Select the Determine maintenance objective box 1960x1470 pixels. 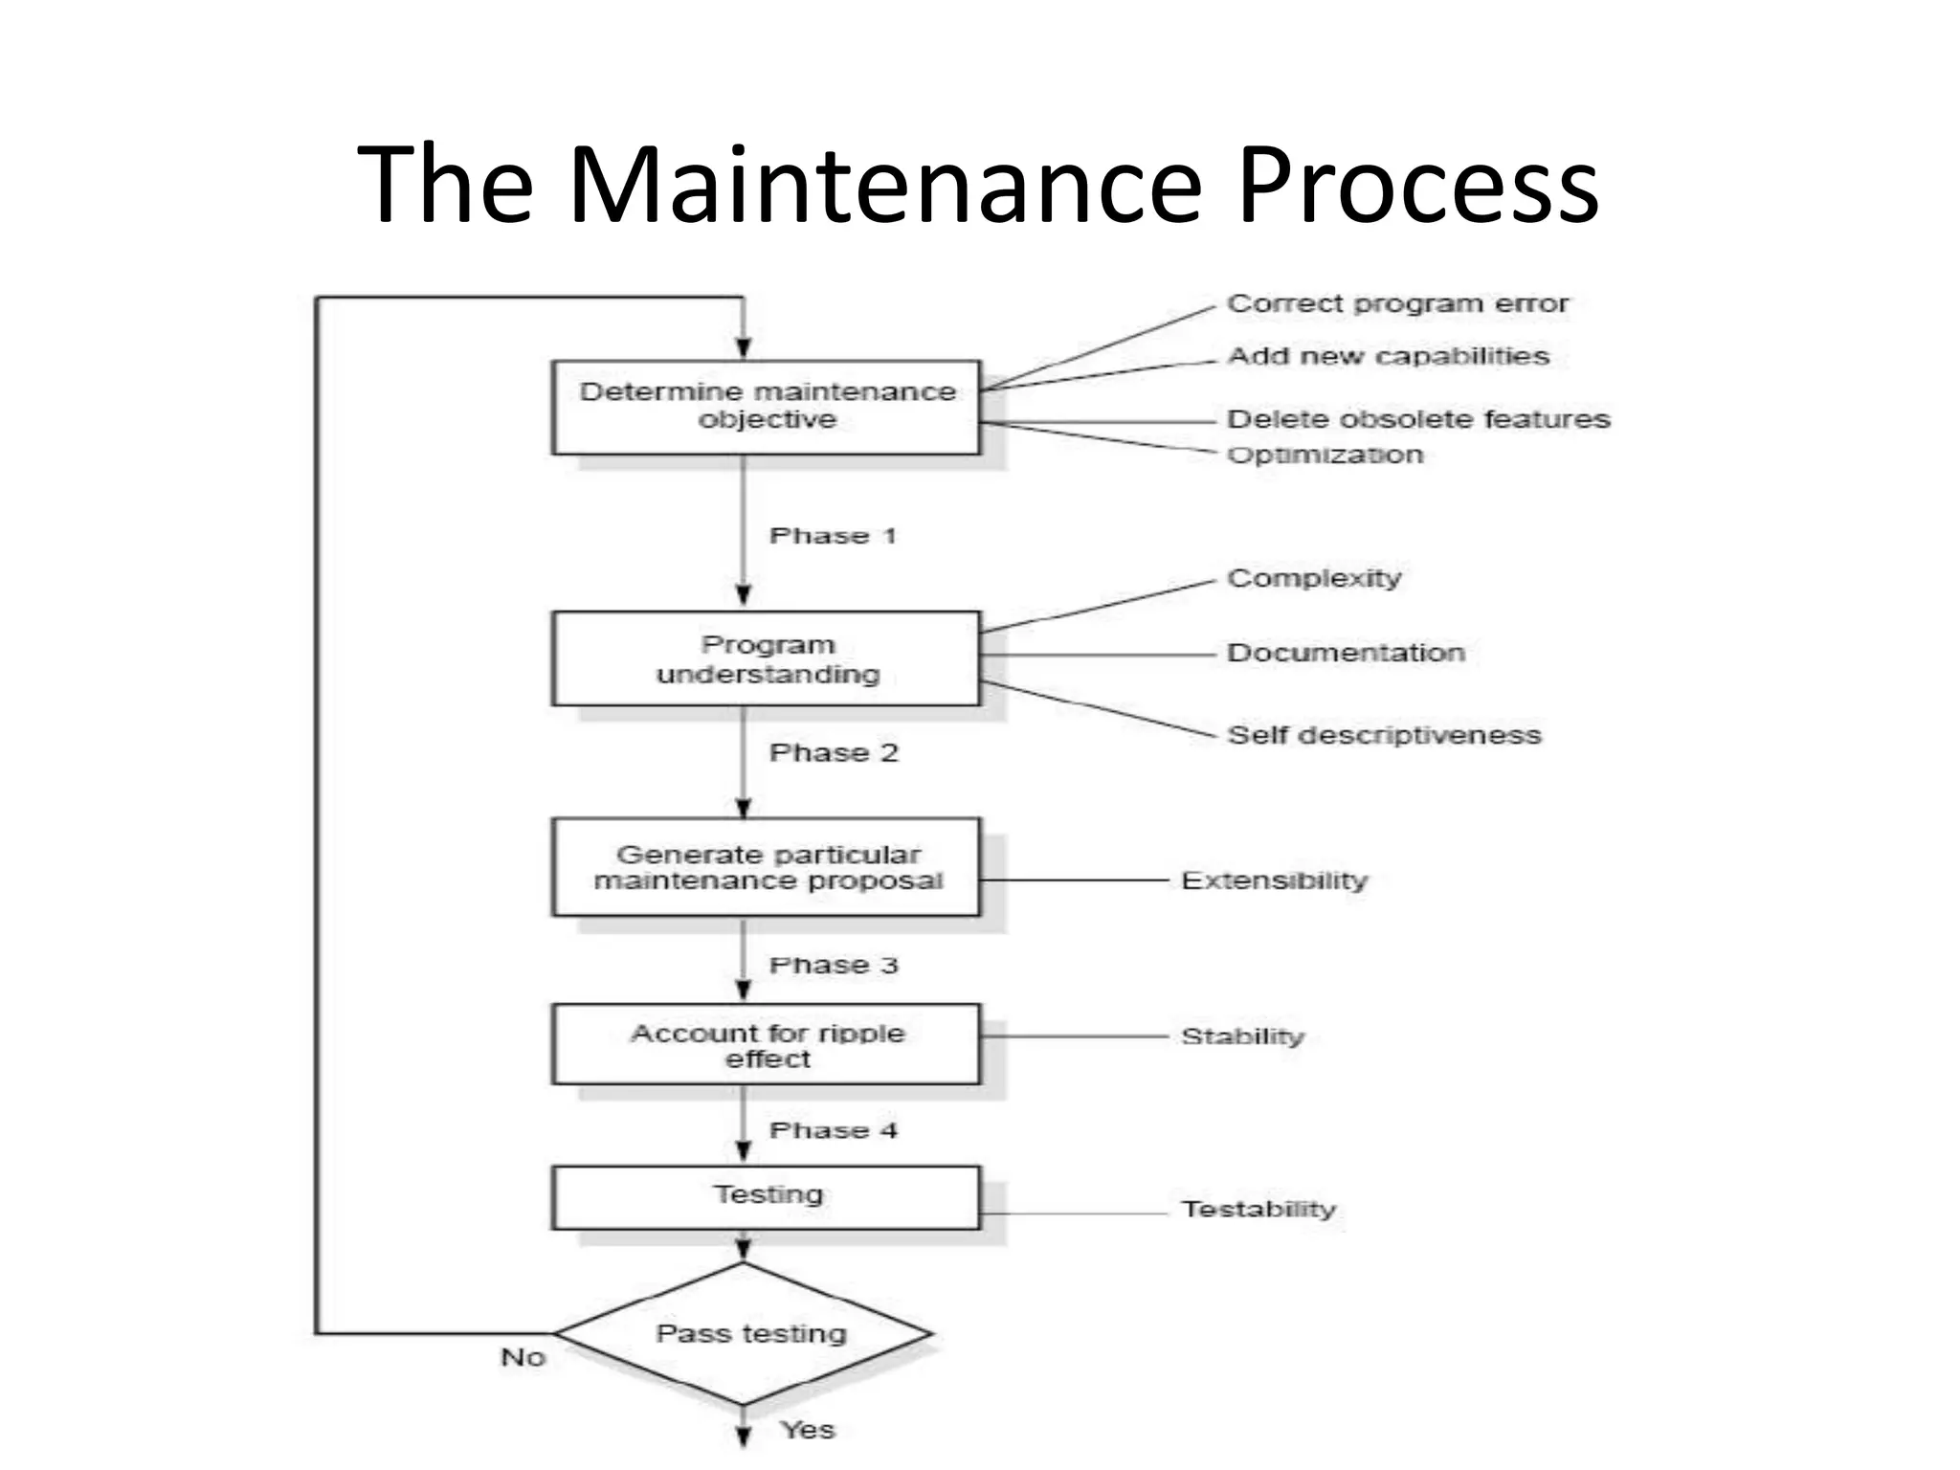pos(766,407)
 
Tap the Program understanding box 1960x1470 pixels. pos(766,658)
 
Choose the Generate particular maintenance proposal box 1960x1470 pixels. pos(766,867)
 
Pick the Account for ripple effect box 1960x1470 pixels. pos(766,1044)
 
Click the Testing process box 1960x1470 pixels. pos(766,1196)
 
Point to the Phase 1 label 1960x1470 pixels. pos(833,536)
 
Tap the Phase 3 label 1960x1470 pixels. pos(834,965)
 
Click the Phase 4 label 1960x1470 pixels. pos(834,1130)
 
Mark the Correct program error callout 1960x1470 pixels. pos(1397,304)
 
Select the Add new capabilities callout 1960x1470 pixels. pos(1388,356)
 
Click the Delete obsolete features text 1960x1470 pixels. pos(1418,419)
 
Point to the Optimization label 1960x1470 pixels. pos(1325,455)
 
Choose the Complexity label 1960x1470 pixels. pos(1314,578)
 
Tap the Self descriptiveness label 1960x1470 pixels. pos(1384,735)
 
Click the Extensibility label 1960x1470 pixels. pos(1275,880)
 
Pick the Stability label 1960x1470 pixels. pos(1242,1036)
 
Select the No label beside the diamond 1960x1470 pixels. pos(523,1357)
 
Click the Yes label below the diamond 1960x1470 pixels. pos(808,1430)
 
